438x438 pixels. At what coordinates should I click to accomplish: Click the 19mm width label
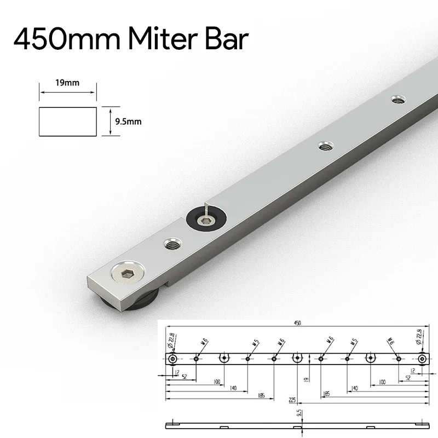click(x=67, y=83)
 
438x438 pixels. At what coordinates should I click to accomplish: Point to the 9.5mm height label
click(x=128, y=122)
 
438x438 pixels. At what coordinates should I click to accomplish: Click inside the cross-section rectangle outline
click(x=68, y=122)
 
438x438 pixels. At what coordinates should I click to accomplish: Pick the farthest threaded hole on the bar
click(x=397, y=100)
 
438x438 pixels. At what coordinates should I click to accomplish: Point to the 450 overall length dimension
click(x=297, y=323)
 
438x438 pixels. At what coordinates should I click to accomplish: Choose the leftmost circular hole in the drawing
click(x=173, y=359)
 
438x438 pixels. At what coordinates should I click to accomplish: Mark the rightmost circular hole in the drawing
click(x=422, y=359)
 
